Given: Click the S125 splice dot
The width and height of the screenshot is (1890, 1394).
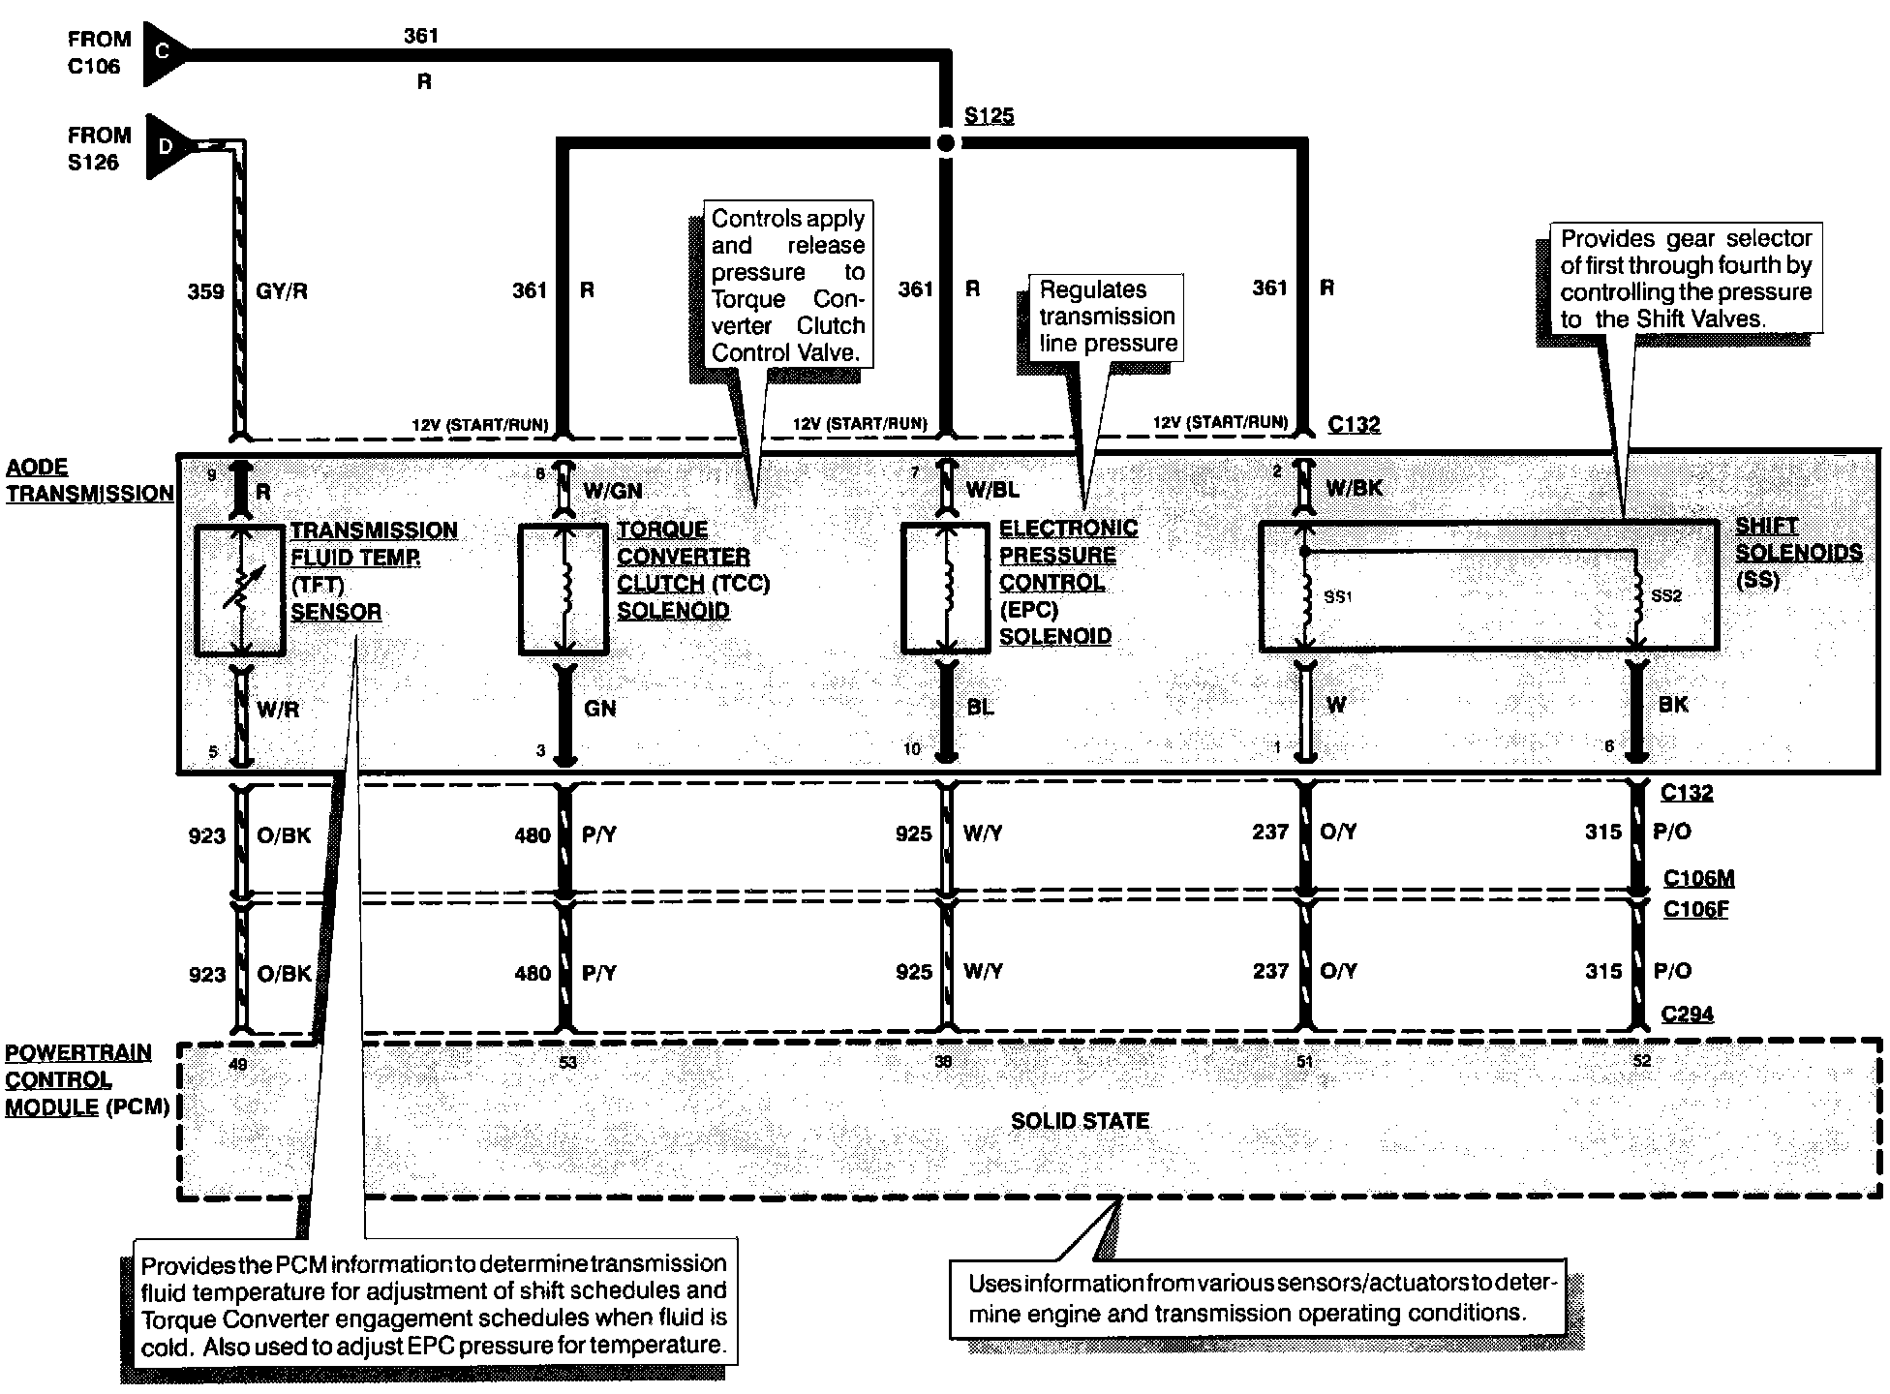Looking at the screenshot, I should (946, 143).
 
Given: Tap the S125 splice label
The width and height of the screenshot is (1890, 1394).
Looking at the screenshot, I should (989, 116).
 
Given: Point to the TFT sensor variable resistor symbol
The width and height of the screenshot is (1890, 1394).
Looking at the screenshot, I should (239, 590).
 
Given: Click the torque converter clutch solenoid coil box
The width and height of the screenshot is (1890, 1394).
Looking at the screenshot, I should (564, 590).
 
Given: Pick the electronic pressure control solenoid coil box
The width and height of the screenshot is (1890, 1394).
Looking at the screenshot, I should (946, 588).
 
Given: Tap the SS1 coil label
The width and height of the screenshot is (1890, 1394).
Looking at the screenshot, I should (1337, 597).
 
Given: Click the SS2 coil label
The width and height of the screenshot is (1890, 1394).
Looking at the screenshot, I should (1666, 596).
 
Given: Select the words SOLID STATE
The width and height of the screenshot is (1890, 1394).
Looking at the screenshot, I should (1080, 1121).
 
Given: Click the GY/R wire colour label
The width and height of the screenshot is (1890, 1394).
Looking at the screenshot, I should (282, 291).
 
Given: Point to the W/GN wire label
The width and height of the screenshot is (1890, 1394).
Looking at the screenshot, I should (612, 491).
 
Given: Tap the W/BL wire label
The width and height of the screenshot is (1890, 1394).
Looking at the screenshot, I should (992, 490).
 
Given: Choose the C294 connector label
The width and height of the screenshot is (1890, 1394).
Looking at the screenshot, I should (1687, 1015).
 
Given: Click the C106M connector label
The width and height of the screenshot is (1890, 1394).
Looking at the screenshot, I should (1698, 879).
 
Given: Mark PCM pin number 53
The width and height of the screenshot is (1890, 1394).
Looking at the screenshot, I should (567, 1062).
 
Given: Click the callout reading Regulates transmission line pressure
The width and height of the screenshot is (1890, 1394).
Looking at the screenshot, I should (1108, 317).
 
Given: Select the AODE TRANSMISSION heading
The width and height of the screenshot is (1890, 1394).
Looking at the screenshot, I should (89, 480).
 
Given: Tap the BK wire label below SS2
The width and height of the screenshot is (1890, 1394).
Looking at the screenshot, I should (1672, 705).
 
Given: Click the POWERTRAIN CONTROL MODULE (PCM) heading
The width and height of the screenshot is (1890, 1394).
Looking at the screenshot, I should (87, 1079).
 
